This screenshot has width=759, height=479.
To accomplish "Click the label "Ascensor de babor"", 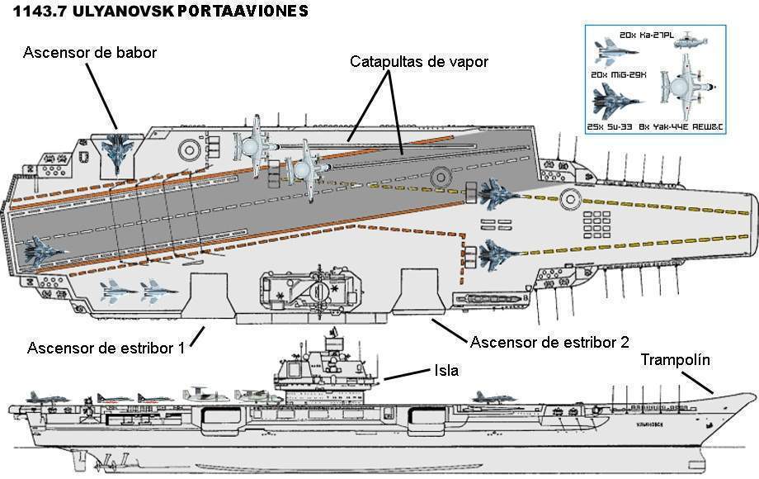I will [90, 52].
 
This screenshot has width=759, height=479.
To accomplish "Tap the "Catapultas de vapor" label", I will [420, 61].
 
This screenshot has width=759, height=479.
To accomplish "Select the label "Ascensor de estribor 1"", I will [106, 347].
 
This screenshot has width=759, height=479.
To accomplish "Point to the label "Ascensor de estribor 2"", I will [550, 342].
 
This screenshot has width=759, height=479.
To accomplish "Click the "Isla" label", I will [445, 372].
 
